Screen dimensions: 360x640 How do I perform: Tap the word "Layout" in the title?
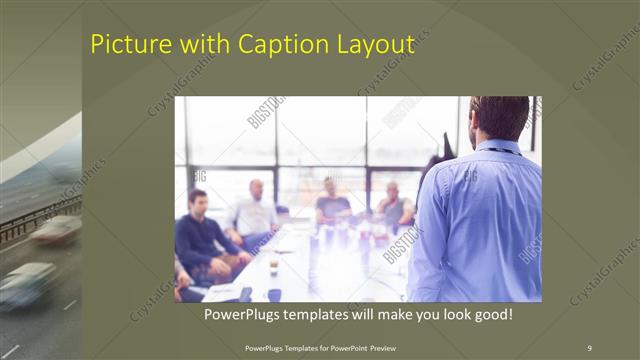[x=372, y=45]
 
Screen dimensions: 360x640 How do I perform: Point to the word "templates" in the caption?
[x=331, y=314]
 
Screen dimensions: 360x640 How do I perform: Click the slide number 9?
[x=589, y=347]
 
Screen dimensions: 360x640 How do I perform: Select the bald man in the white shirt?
[x=255, y=210]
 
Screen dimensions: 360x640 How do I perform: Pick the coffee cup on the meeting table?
[x=273, y=267]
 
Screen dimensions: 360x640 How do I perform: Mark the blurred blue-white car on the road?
[x=28, y=284]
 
